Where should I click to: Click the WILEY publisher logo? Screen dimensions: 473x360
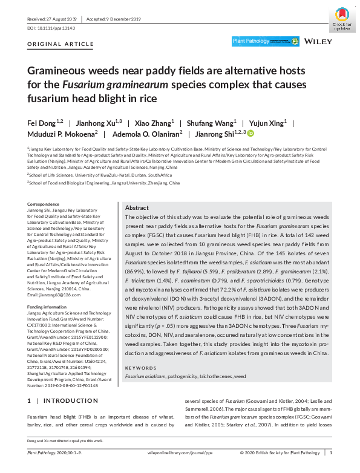pos(318,42)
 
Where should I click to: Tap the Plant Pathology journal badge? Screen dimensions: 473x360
pos(266,42)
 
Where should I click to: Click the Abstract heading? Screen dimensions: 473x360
pos(136,207)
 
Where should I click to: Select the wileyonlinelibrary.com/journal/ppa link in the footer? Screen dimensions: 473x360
pos(180,452)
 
